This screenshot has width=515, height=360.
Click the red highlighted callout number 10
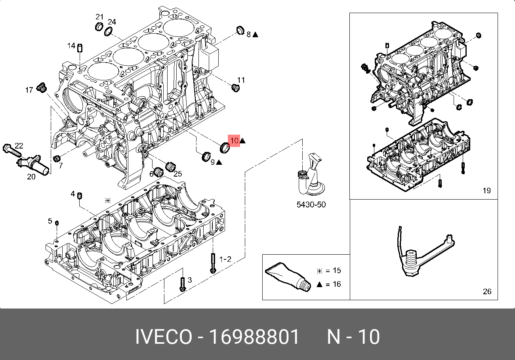click(x=234, y=140)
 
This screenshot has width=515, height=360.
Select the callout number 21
click(x=99, y=17)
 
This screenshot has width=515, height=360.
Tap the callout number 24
click(x=112, y=21)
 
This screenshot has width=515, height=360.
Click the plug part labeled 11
click(x=235, y=88)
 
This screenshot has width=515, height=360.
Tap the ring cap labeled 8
click(x=240, y=30)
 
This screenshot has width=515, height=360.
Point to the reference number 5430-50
click(x=311, y=205)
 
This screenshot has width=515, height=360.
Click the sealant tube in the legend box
click(x=287, y=276)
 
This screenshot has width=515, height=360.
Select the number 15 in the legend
click(x=336, y=271)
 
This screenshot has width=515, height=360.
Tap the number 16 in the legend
click(x=336, y=284)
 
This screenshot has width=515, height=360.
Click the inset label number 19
click(x=486, y=190)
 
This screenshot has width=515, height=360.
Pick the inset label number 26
click(x=487, y=291)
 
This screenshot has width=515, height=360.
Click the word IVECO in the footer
click(x=163, y=337)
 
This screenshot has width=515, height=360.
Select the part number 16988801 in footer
click(x=254, y=337)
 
